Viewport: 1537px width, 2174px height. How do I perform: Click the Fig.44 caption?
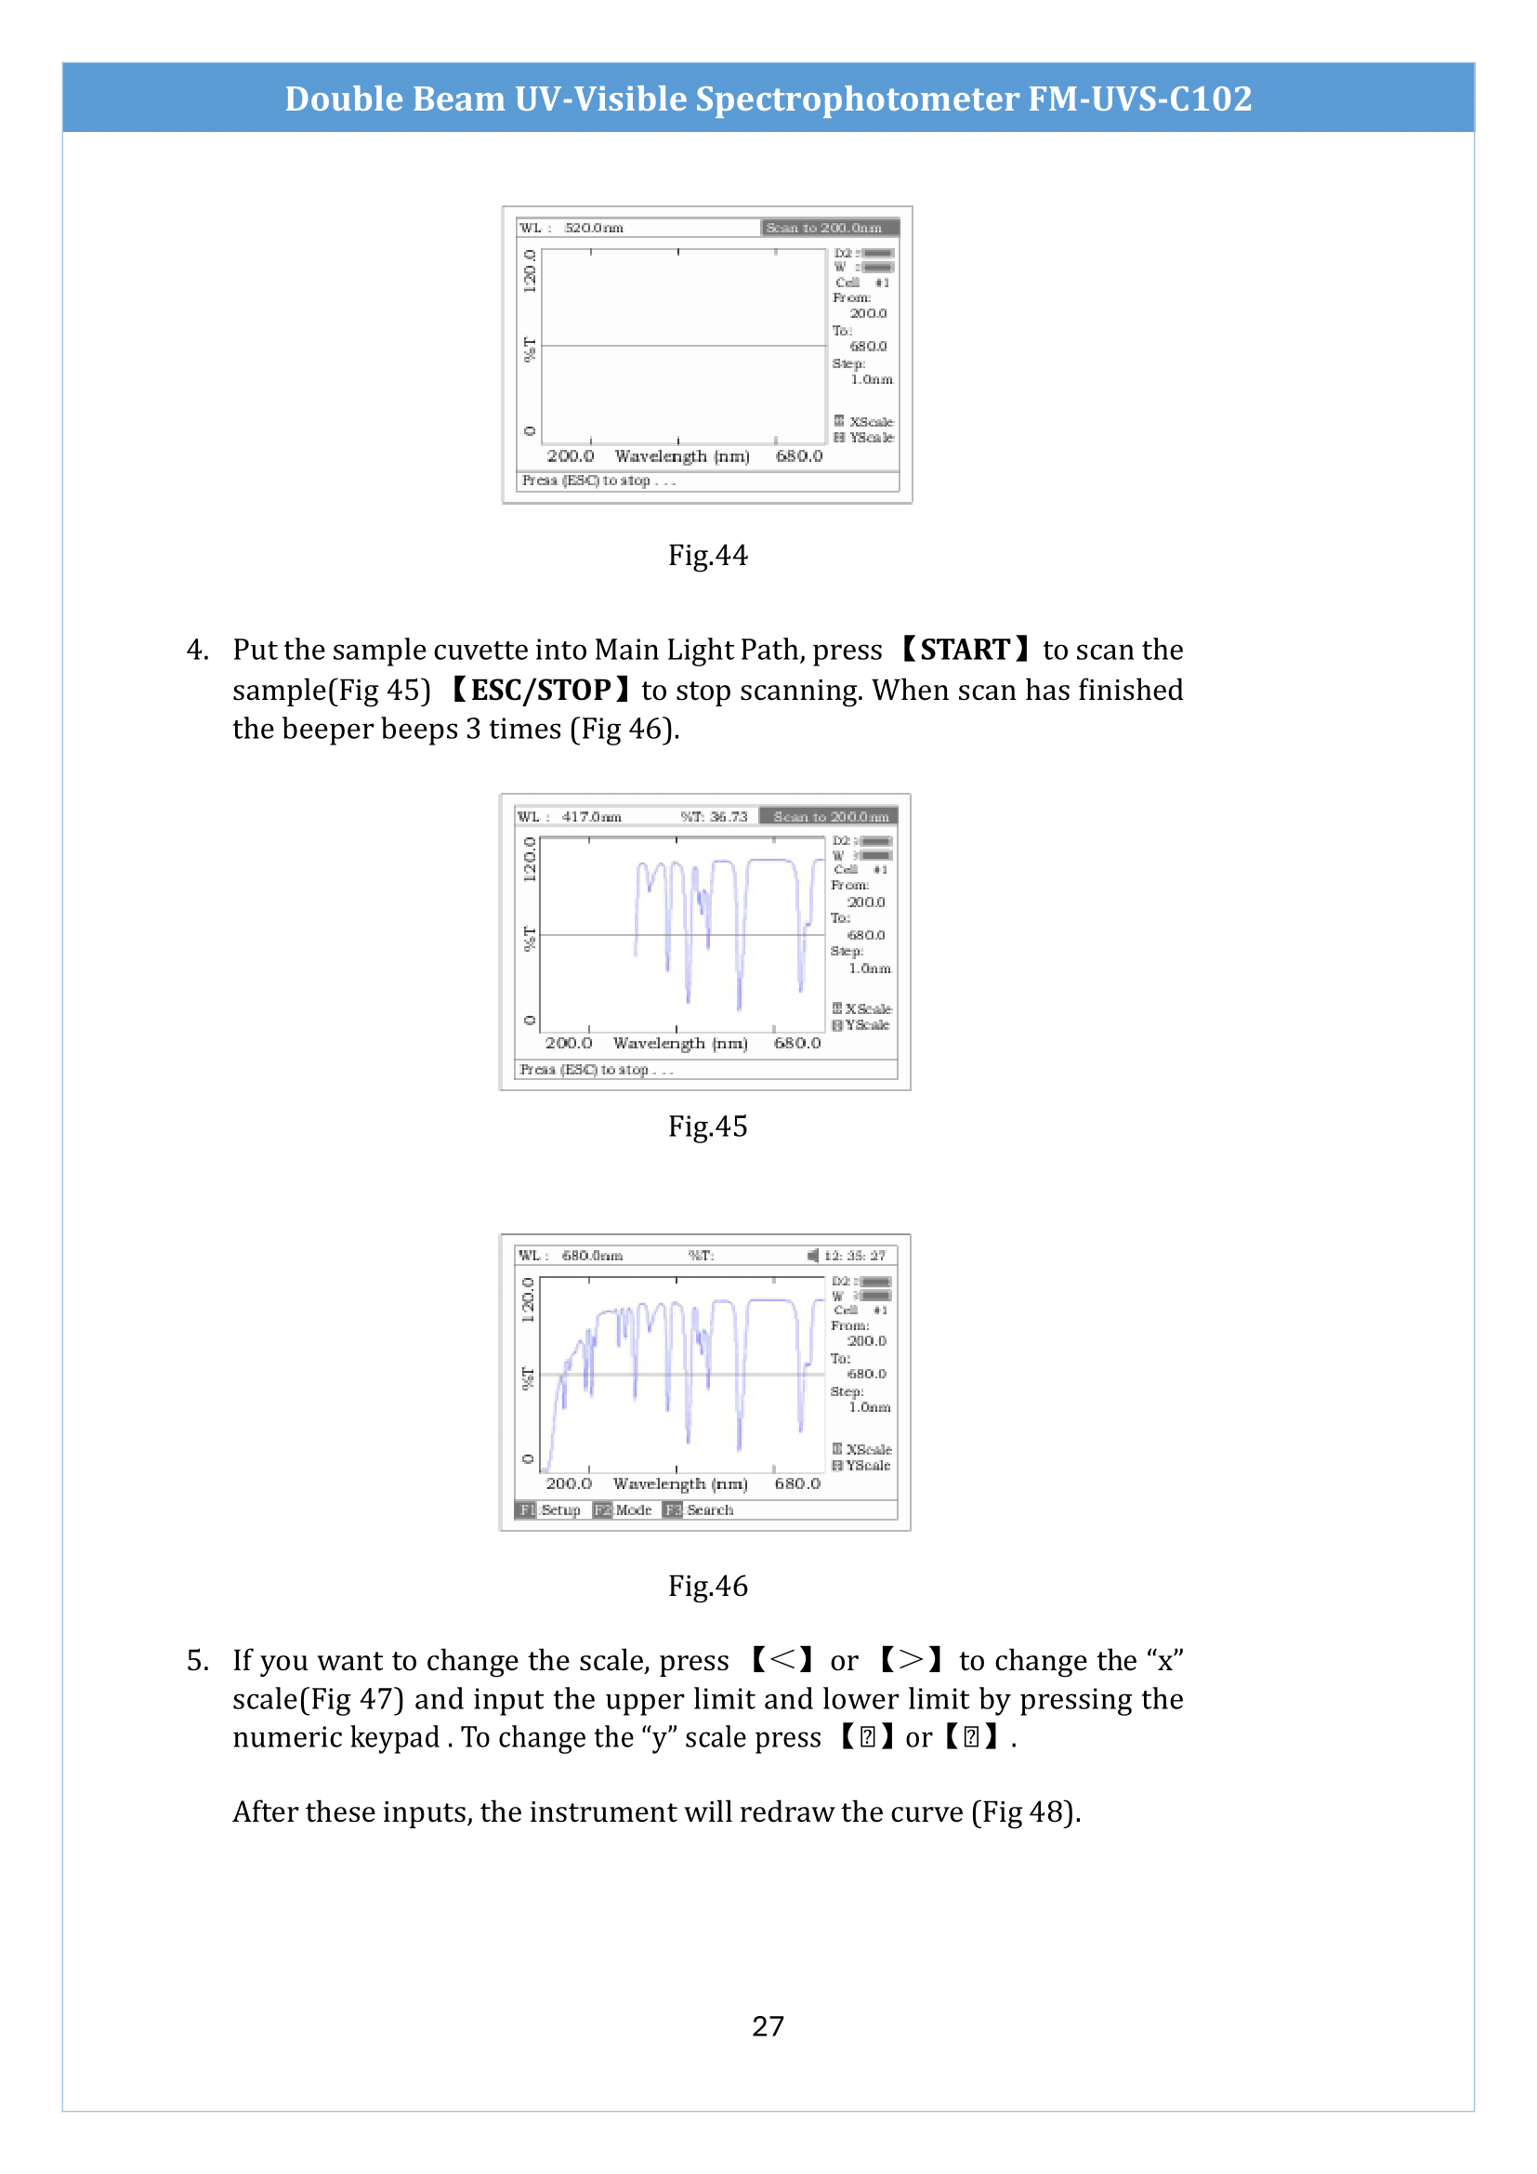[x=707, y=555]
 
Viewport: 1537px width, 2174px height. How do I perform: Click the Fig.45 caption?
[x=707, y=1126]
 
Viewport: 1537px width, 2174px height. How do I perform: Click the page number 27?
[x=768, y=2025]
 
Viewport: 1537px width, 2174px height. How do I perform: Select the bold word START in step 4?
[x=965, y=650]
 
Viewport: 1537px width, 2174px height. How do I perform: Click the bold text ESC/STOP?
[x=541, y=690]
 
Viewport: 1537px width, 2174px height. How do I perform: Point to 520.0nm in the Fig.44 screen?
[x=594, y=229]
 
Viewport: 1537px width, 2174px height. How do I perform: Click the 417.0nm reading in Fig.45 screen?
[x=592, y=816]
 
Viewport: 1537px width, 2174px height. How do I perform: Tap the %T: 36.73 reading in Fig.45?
[x=714, y=816]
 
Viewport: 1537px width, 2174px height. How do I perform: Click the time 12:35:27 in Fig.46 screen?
[x=854, y=1256]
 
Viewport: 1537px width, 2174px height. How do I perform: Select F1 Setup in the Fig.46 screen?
[x=549, y=1509]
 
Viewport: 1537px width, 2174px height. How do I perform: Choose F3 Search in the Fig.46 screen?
[x=699, y=1509]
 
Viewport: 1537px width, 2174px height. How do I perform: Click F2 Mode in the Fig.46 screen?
[x=623, y=1509]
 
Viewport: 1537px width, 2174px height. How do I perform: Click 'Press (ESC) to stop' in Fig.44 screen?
[x=598, y=481]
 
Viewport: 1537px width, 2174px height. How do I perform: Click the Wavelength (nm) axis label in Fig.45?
[x=679, y=1044]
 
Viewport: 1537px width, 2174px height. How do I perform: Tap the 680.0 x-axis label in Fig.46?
[x=797, y=1483]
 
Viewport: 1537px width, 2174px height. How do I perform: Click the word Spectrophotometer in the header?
[x=858, y=99]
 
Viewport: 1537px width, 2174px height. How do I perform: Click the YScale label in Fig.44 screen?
[x=870, y=438]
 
